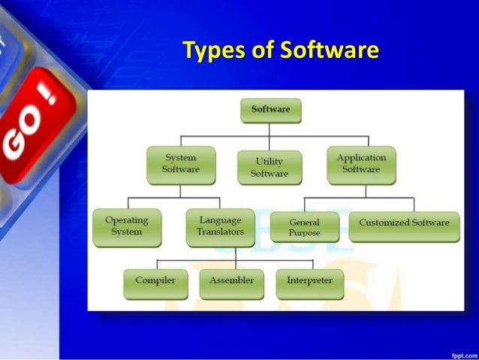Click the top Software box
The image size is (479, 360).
270,110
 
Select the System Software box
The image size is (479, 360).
180,164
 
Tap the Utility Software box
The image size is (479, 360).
269,168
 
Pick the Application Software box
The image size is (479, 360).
361,164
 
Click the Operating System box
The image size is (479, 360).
126,227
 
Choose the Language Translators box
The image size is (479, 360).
220,227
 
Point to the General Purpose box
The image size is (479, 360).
304,228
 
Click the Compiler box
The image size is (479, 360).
155,282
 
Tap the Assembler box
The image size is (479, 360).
231,282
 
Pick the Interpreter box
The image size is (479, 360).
309,282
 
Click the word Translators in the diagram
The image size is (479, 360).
220,232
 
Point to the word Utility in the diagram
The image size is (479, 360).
269,162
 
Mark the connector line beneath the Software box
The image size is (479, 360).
270,130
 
